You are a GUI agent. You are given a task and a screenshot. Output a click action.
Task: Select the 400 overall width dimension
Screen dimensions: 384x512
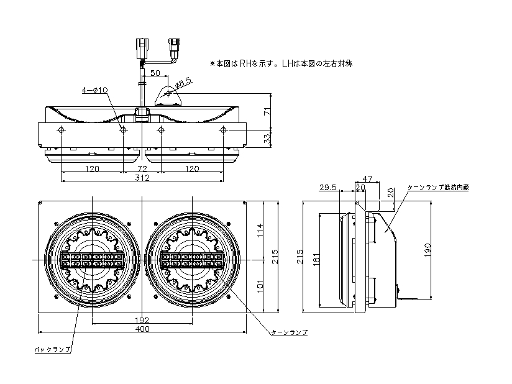coord(142,329)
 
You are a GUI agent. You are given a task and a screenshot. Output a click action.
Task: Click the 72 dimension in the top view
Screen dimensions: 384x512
coord(142,169)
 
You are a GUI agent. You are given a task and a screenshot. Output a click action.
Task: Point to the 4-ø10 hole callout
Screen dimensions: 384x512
coord(95,90)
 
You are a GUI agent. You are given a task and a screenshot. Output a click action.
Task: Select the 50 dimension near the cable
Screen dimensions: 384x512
coord(155,73)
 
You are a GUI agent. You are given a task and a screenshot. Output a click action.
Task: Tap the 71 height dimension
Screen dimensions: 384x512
coord(267,111)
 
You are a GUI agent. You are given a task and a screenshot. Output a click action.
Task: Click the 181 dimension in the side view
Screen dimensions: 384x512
coord(316,258)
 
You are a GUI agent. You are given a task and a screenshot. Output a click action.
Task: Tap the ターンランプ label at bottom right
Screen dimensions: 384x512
coord(290,333)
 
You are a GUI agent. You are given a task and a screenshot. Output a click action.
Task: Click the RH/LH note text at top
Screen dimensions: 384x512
coord(281,63)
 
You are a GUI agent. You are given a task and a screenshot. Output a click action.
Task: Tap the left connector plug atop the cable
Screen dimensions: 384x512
coord(143,47)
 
